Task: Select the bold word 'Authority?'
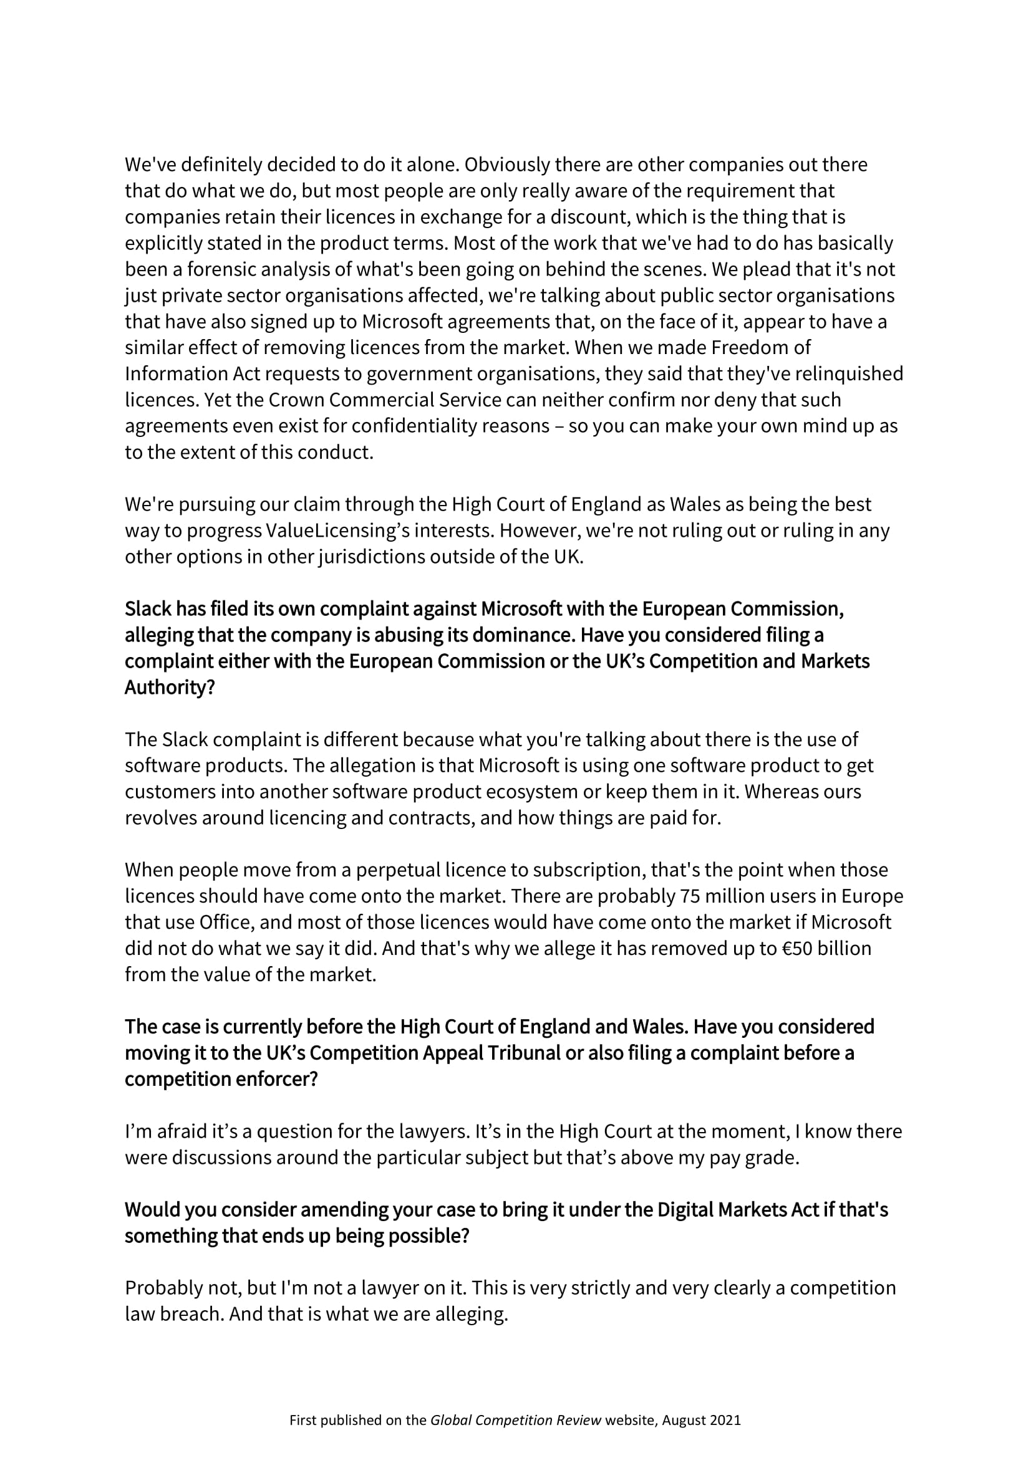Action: (170, 688)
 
